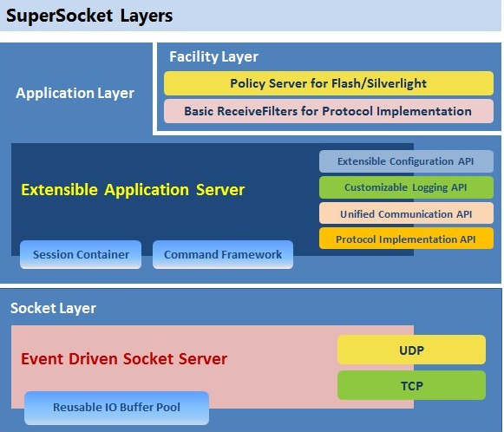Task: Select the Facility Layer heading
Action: (213, 57)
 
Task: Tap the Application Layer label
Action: (75, 93)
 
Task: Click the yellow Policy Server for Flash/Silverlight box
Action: (328, 83)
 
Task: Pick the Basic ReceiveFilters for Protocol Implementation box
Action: (328, 111)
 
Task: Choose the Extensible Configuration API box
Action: (406, 161)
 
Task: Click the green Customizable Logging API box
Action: (406, 187)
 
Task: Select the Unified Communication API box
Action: (406, 213)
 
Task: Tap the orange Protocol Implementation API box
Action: (406, 239)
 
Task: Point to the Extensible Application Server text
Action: (133, 190)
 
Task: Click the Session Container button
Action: (81, 254)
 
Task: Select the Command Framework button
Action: (223, 254)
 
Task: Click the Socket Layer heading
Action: (53, 308)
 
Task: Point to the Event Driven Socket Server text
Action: (123, 358)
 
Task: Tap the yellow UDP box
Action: (411, 349)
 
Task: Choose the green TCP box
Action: (411, 385)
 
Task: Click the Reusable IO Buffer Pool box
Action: (116, 408)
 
